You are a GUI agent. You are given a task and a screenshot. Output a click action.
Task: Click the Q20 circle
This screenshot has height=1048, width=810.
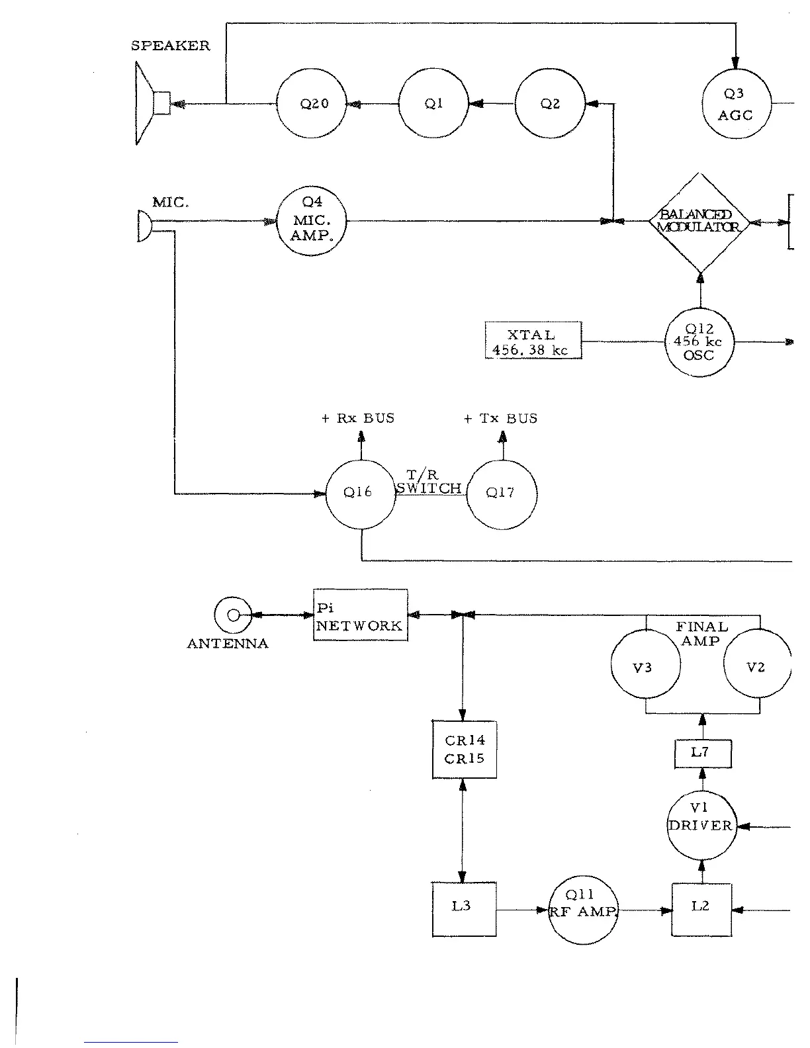[310, 104]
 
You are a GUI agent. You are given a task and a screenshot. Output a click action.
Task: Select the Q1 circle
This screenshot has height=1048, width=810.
[433, 103]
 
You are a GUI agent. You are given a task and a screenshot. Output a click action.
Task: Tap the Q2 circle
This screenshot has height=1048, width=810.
[549, 103]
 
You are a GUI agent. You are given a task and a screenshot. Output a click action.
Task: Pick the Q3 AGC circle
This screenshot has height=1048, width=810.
[735, 104]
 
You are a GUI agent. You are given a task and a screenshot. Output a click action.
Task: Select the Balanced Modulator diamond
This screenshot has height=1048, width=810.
[699, 222]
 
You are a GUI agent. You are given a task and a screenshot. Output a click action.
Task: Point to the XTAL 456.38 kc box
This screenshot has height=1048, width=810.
[533, 341]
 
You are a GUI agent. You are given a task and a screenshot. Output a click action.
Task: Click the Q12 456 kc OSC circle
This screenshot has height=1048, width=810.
[699, 342]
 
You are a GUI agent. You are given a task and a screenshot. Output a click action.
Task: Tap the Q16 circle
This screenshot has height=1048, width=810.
[360, 493]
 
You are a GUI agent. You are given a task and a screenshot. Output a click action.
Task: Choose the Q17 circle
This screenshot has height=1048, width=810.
[501, 493]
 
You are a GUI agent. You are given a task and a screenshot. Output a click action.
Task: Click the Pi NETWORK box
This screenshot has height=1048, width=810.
[359, 615]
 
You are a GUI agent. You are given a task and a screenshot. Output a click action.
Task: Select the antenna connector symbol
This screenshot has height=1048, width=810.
[233, 615]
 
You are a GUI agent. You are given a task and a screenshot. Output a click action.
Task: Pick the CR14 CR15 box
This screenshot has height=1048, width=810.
[463, 749]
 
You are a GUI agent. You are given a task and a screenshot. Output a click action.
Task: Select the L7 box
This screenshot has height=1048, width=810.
[702, 754]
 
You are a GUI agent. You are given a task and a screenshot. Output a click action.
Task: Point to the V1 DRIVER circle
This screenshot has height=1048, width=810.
[701, 826]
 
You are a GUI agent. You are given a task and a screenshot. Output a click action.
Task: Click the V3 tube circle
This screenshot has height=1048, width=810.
[645, 666]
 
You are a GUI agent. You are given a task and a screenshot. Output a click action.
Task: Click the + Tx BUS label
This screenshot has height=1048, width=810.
[501, 419]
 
